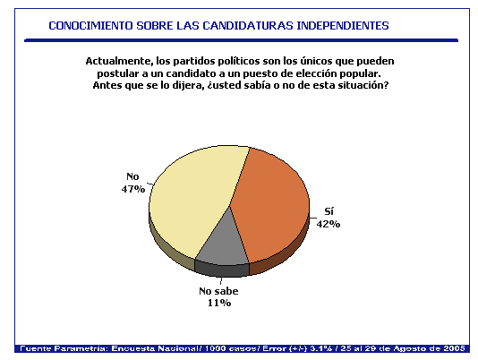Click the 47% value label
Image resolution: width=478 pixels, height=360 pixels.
[x=133, y=189]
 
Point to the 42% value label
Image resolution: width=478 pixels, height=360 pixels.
[x=329, y=224]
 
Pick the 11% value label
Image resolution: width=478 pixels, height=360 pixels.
[x=219, y=303]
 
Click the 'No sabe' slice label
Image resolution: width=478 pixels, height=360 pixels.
[x=218, y=291]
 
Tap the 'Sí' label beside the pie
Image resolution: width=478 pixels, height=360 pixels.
[x=329, y=211]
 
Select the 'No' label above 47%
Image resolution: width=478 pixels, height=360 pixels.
[x=132, y=176]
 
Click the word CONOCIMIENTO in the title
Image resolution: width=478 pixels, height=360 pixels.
[x=90, y=26]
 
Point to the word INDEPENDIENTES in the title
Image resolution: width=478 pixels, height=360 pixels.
[x=343, y=26]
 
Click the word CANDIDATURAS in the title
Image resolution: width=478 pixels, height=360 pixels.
[x=248, y=26]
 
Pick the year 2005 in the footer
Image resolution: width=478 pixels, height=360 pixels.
[x=454, y=348]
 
